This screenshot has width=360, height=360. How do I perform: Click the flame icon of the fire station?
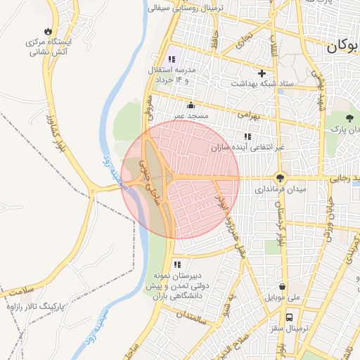(x=48, y=31)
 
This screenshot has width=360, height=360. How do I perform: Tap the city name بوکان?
(x=341, y=46)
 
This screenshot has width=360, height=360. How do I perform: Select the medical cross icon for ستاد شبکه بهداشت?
(x=262, y=73)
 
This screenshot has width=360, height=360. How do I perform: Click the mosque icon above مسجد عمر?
(x=191, y=105)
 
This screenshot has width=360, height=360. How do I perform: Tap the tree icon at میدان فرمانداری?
(x=281, y=179)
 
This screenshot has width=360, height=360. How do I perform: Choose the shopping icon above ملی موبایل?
(x=282, y=287)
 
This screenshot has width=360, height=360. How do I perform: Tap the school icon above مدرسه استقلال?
(x=172, y=60)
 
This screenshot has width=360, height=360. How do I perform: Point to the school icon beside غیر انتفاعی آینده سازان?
(x=247, y=136)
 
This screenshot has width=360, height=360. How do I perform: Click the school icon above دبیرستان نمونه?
(x=176, y=265)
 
